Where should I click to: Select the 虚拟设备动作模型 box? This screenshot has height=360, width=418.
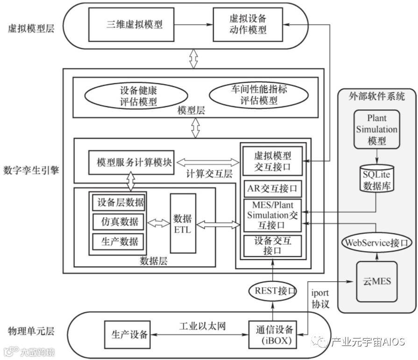coord(248,24)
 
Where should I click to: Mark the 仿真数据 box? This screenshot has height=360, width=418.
coord(118,222)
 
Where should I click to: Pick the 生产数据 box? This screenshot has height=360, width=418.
coord(118,242)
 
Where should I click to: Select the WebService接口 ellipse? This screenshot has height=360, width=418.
coord(376,243)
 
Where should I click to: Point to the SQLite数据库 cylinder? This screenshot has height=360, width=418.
coord(377,178)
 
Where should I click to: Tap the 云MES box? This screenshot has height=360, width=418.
coord(376,282)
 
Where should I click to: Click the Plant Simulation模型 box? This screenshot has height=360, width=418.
coord(376,129)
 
